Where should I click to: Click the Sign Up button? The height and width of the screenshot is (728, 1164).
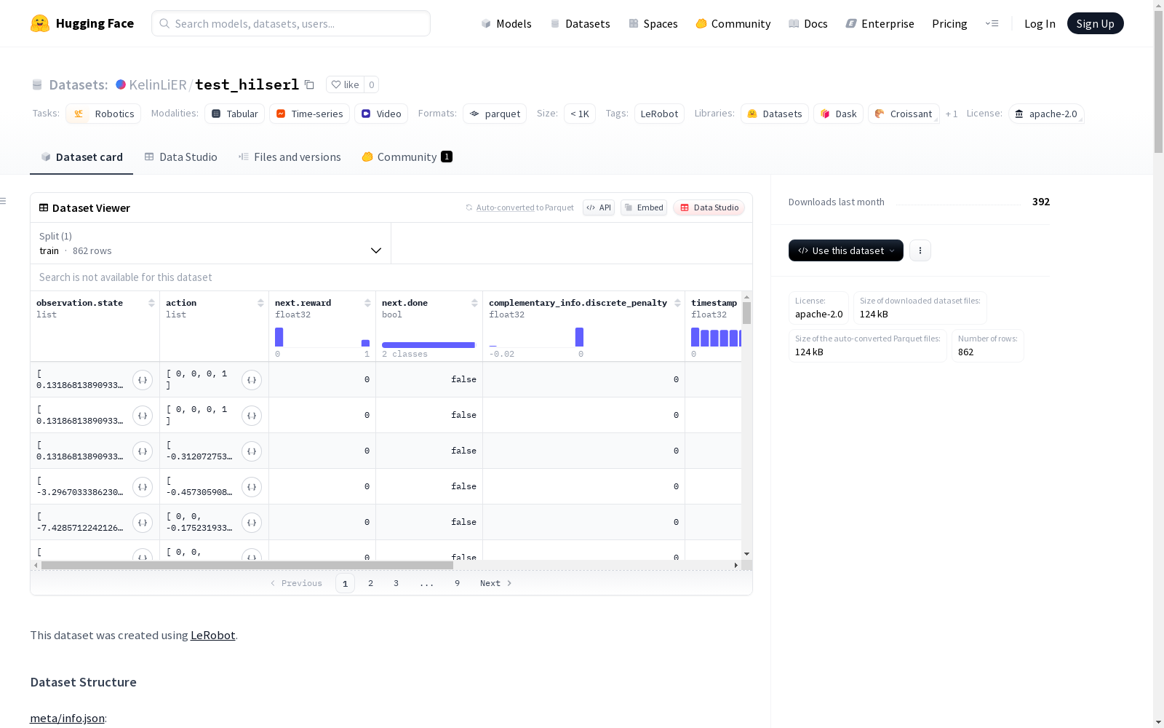pyautogui.click(x=1095, y=23)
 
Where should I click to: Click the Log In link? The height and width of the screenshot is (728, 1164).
pyautogui.click(x=1040, y=23)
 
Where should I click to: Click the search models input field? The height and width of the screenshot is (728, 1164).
pyautogui.click(x=291, y=23)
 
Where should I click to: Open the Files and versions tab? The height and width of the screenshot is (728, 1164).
pyautogui.click(x=290, y=157)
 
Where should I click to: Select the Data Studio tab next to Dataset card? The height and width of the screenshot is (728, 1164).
pyautogui.click(x=181, y=157)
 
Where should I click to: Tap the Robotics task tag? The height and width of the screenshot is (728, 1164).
pyautogui.click(x=103, y=114)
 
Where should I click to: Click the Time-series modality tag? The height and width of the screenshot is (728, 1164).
pyautogui.click(x=309, y=114)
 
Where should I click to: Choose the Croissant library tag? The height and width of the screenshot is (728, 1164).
pyautogui.click(x=904, y=114)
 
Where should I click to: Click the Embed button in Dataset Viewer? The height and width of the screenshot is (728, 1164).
pyautogui.click(x=644, y=207)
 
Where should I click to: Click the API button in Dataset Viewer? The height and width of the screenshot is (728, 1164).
pyautogui.click(x=599, y=207)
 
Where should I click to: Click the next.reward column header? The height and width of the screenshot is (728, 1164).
pyautogui.click(x=303, y=303)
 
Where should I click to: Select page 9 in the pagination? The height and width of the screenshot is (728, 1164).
pyautogui.click(x=458, y=583)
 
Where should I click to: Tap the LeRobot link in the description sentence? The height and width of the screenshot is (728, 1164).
pyautogui.click(x=212, y=636)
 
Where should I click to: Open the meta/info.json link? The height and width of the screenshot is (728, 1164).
pyautogui.click(x=67, y=718)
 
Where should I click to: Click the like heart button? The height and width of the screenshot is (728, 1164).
pyautogui.click(x=346, y=84)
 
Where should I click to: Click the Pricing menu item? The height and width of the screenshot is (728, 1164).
pyautogui.click(x=949, y=23)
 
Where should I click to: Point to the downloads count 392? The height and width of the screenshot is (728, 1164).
pyautogui.click(x=1041, y=202)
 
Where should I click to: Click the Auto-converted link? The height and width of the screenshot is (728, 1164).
pyautogui.click(x=505, y=207)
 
